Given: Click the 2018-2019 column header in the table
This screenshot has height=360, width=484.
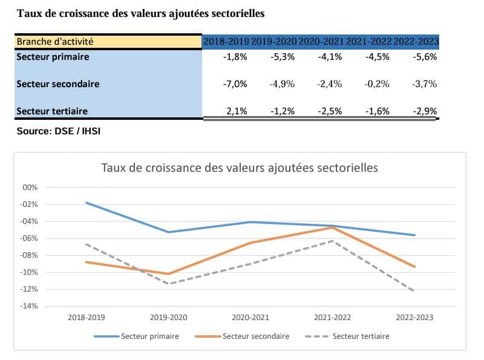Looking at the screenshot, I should point(226,42).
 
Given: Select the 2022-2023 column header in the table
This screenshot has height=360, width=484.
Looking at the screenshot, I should point(416,42).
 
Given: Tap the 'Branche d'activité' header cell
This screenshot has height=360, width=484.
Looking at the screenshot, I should point(56,42).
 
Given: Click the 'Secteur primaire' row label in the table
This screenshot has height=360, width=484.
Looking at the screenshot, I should point(53,57).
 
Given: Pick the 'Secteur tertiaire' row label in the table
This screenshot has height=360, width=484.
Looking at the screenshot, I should point(52,111).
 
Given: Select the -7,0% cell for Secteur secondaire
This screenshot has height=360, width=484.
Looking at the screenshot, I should point(235,84).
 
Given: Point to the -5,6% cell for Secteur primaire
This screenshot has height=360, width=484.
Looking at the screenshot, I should point(425,57).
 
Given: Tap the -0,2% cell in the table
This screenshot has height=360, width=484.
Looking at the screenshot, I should point(378,84).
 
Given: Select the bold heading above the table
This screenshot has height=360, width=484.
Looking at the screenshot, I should point(140,13).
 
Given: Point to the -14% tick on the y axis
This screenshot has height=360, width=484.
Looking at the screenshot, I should point(30,306).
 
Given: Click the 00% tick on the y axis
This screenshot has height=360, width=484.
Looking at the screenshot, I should point(30,188).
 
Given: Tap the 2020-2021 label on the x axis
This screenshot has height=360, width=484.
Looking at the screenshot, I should point(250,317).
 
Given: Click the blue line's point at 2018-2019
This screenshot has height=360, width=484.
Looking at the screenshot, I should point(87,203).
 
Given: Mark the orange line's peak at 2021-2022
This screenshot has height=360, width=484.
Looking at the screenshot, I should point(332,227).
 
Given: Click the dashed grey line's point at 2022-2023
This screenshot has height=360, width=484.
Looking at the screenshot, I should point(414,291).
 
